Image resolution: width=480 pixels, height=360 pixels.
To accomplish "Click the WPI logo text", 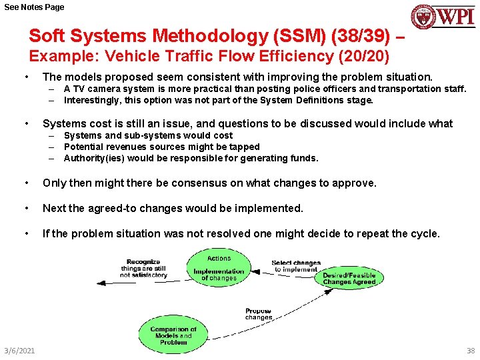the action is click(x=456, y=16).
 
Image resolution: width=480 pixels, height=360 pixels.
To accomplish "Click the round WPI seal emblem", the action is click(x=423, y=17).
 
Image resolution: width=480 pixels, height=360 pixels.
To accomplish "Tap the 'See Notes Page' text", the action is click(x=33, y=7).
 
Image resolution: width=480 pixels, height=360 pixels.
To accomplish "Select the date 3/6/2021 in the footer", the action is click(x=19, y=351).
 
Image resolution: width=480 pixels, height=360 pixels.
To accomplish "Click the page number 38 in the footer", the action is click(x=471, y=351).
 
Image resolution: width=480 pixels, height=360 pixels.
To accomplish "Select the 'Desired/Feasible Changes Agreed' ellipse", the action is click(x=349, y=279).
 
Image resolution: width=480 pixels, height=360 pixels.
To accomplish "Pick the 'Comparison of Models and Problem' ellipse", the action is click(x=173, y=334).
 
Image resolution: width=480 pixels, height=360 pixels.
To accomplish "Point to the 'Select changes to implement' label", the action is click(x=296, y=266).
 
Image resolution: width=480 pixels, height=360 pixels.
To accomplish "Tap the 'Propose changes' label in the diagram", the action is click(x=259, y=314).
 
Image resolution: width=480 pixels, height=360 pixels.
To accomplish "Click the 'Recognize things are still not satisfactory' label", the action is click(x=143, y=268).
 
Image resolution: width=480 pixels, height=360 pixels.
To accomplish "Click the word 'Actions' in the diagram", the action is click(x=219, y=258).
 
